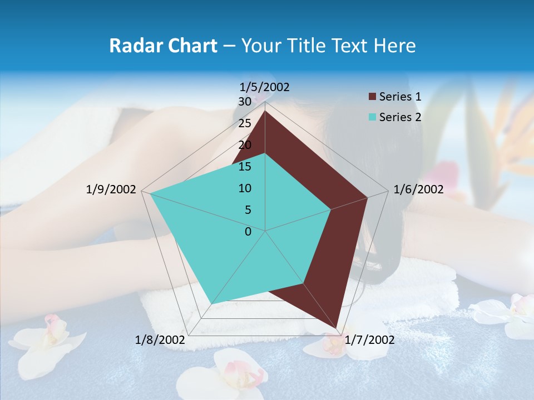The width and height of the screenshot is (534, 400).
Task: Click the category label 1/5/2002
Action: click(x=265, y=87)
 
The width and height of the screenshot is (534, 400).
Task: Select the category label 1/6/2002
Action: click(x=418, y=189)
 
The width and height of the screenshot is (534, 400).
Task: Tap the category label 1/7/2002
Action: click(x=369, y=340)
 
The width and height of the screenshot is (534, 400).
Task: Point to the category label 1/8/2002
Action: click(x=160, y=340)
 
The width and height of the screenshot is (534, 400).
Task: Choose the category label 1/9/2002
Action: click(x=111, y=189)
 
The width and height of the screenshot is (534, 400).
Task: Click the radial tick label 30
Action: click(x=245, y=102)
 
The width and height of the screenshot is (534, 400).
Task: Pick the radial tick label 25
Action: click(x=245, y=123)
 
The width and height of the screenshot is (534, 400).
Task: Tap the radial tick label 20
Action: click(x=245, y=145)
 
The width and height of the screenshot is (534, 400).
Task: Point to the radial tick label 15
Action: click(x=245, y=167)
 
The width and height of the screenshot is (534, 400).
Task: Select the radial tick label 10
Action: click(x=245, y=188)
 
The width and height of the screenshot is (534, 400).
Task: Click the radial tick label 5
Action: click(x=248, y=210)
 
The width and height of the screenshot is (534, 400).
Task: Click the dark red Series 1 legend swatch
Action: click(x=372, y=97)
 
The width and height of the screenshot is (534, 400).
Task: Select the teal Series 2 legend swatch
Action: click(x=372, y=117)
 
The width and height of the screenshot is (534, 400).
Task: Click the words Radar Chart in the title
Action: click(x=163, y=46)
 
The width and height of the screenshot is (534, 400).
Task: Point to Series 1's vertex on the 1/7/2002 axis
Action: click(x=337, y=328)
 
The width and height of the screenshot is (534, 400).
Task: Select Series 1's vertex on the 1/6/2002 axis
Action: click(x=367, y=197)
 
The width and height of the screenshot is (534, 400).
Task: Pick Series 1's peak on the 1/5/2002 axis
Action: click(x=265, y=111)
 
